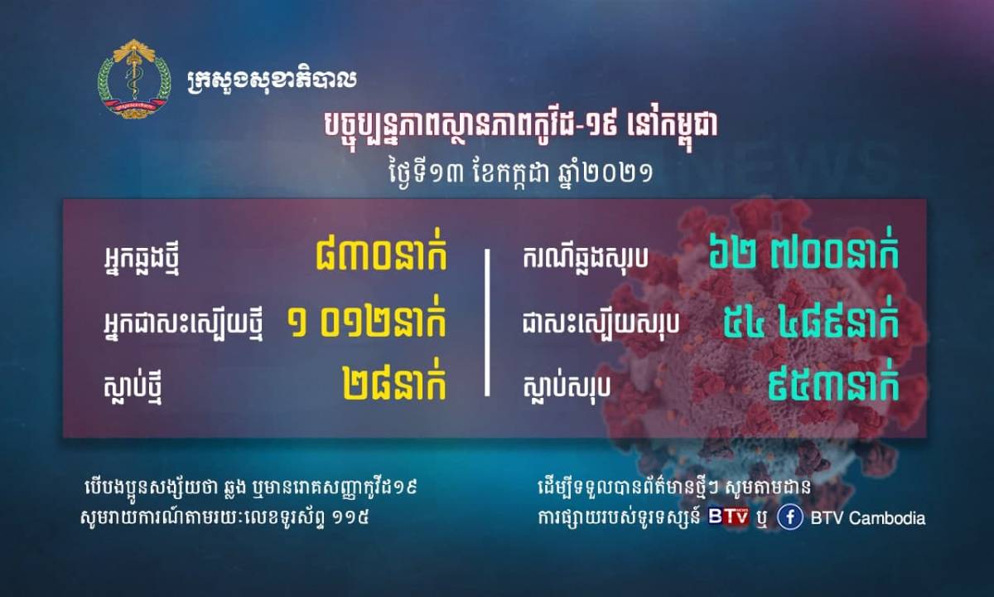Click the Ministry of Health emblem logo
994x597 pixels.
(x=134, y=79)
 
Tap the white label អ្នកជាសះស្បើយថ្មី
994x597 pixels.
(x=183, y=328)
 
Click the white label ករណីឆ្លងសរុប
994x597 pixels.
(x=586, y=258)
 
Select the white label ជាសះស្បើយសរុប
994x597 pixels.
(x=601, y=324)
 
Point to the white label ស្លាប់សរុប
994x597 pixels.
(x=567, y=386)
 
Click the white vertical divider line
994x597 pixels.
(x=487, y=323)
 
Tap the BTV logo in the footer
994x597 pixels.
(x=728, y=516)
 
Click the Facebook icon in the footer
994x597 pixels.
(x=790, y=518)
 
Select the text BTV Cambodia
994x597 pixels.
(x=868, y=518)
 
